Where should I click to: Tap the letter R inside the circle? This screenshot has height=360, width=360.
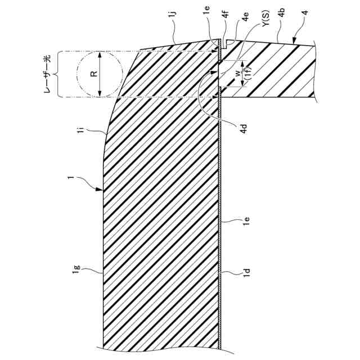pos(94,73)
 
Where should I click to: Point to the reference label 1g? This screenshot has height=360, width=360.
pos(76,273)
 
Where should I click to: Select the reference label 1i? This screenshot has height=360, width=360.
pos(82,130)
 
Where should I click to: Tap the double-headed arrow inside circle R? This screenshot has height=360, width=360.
pos(100,73)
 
